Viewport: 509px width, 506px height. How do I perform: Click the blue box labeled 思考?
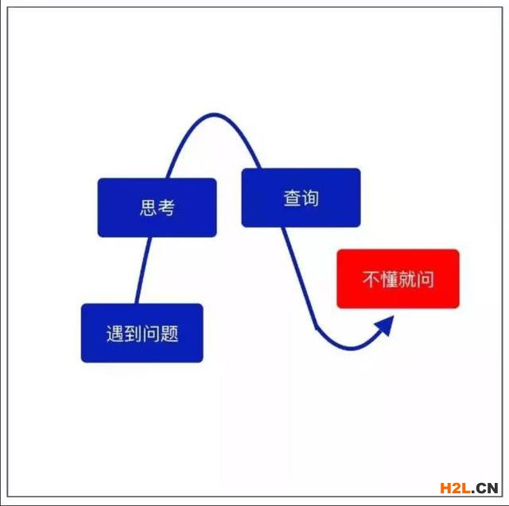coord(157,207)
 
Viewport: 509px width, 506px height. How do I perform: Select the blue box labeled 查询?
coord(301,198)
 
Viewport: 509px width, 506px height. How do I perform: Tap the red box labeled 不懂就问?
coord(398,279)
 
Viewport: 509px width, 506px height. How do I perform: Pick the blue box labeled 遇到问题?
coord(142,333)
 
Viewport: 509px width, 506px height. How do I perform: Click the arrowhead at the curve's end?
coord(386,325)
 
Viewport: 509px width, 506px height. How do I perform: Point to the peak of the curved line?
coord(214,114)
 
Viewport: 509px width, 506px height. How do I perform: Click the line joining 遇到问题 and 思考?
coord(143,270)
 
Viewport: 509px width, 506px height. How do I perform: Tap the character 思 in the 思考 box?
coord(148,207)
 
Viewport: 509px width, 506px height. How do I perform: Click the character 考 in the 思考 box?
coord(166,207)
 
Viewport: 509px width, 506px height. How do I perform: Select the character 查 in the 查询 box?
coord(292,198)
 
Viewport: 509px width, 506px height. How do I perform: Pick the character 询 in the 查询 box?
coord(310,198)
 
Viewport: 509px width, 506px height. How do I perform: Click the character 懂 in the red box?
coord(389,279)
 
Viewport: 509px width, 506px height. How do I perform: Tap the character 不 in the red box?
coord(371,279)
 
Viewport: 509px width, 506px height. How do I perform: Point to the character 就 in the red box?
coord(407,279)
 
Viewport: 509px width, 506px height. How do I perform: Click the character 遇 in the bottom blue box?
coord(115,333)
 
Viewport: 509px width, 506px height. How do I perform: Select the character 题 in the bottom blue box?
coord(169,333)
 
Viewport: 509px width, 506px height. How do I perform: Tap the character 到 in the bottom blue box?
coord(133,333)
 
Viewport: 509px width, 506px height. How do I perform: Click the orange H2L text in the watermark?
coord(455,488)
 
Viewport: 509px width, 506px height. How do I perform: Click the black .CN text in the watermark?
coord(484,489)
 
